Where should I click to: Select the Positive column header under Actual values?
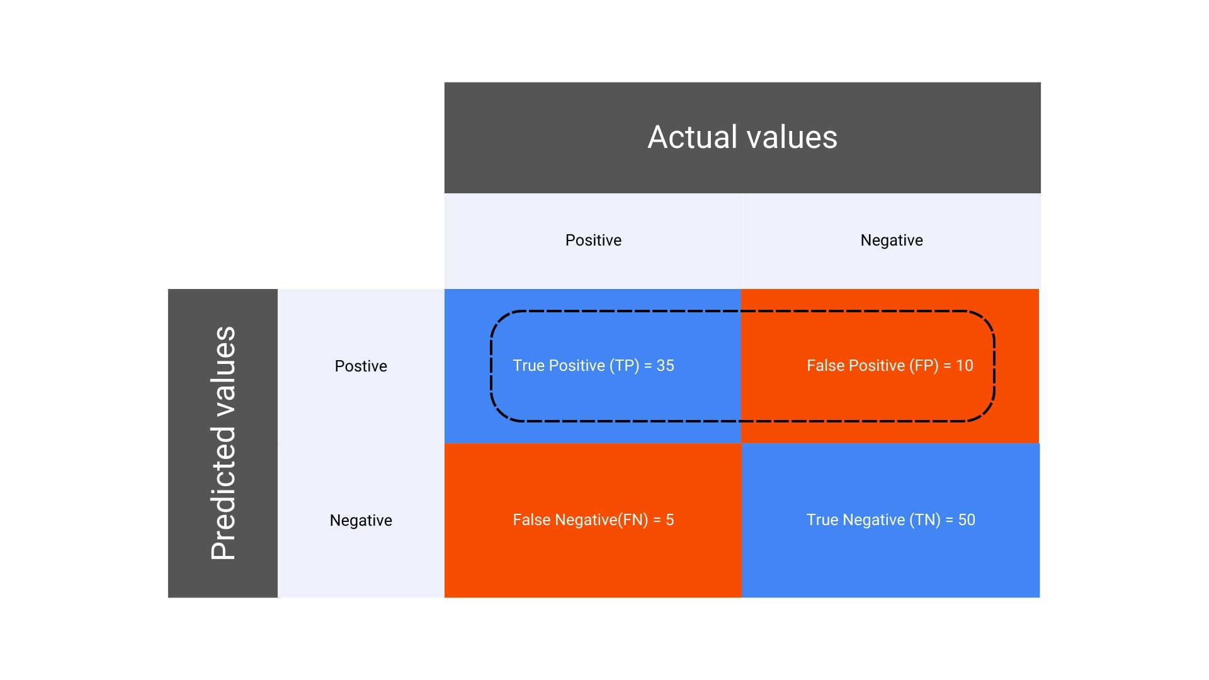[593, 241]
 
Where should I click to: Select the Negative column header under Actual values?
[892, 241]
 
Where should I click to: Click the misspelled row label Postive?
[361, 366]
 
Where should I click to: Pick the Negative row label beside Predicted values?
[361, 521]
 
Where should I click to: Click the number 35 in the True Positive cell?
[666, 366]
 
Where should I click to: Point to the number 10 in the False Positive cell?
[965, 366]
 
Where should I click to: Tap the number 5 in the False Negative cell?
[670, 520]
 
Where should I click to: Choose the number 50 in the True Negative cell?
[967, 520]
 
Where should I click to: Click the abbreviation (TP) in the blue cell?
[624, 366]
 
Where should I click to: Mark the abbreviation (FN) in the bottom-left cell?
[633, 520]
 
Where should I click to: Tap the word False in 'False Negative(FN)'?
[529, 520]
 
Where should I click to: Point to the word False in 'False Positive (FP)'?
[823, 366]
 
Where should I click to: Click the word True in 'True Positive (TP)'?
[528, 366]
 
